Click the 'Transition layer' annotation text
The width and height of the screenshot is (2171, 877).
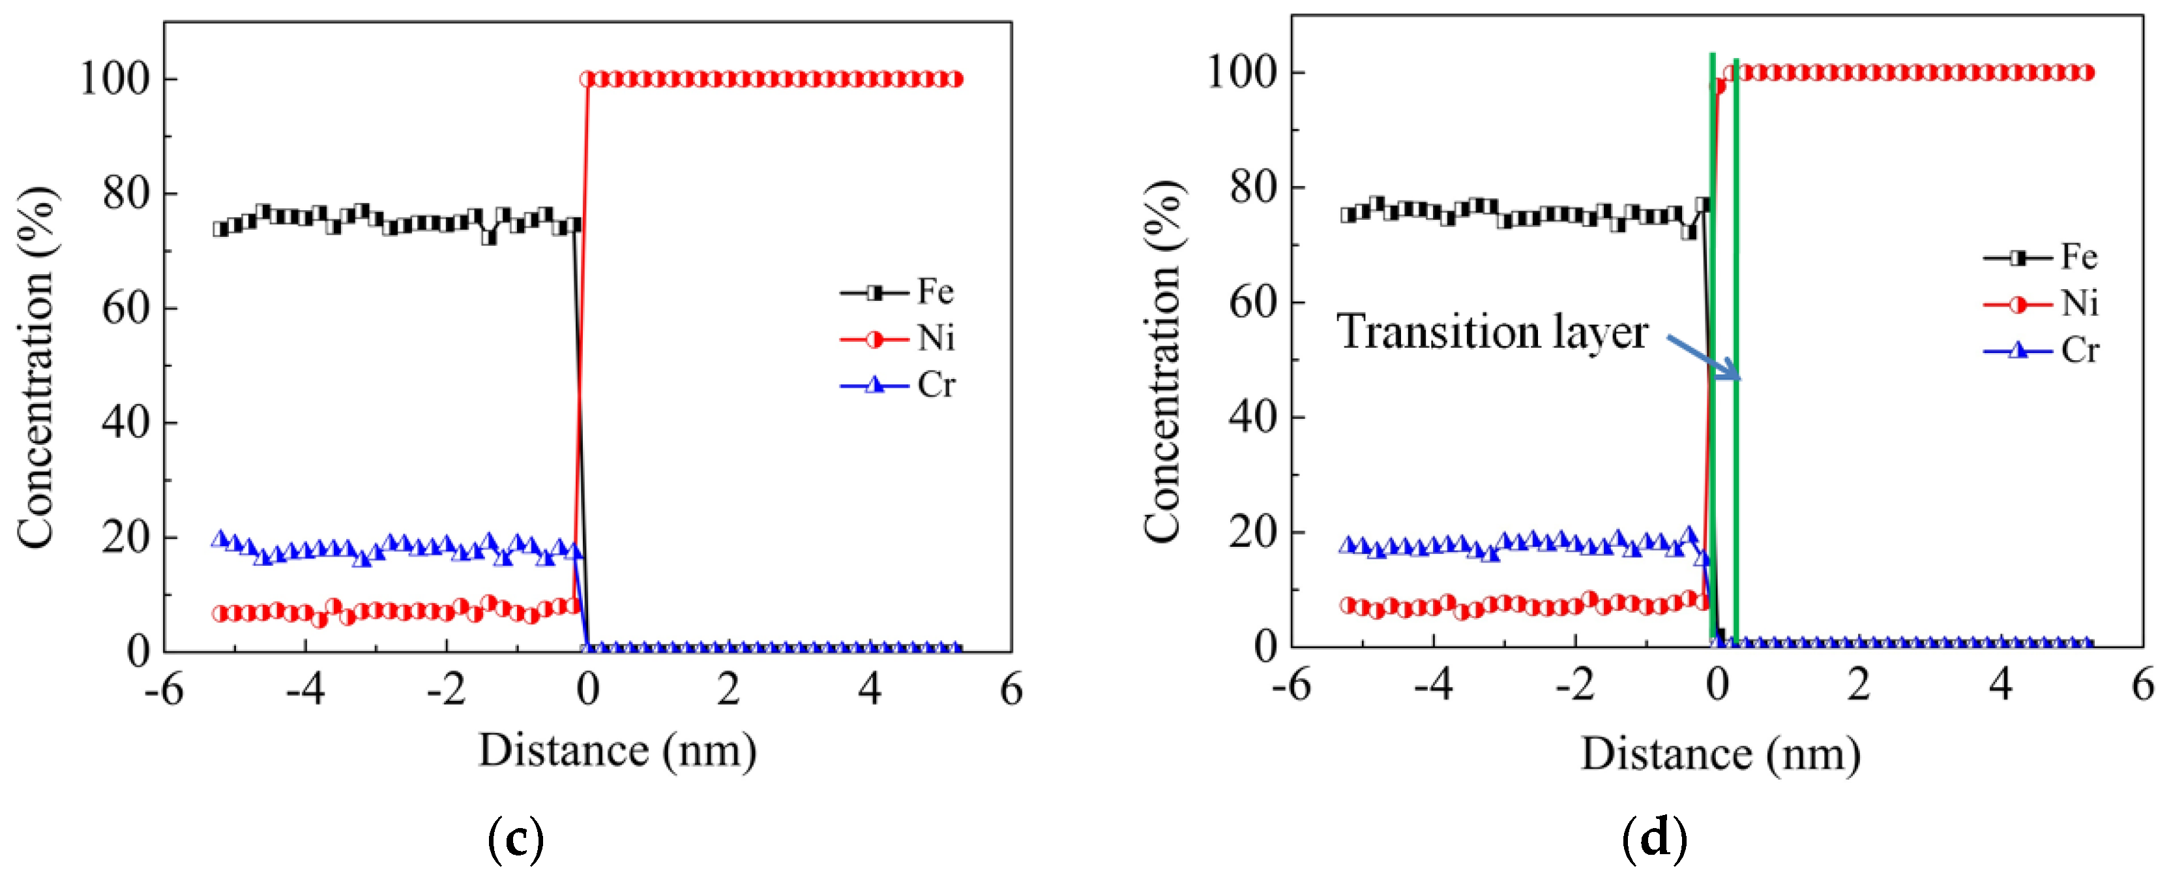coord(1492,331)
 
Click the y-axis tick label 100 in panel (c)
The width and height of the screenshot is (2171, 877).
coord(115,78)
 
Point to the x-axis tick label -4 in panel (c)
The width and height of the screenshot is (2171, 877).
coord(305,690)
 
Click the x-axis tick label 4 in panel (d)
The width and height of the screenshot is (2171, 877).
coord(2000,685)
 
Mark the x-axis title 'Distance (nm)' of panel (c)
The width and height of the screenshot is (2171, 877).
coord(617,750)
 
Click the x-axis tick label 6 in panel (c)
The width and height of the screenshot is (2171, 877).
coord(1011,690)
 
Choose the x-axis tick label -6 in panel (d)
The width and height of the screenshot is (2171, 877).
coord(1290,685)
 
